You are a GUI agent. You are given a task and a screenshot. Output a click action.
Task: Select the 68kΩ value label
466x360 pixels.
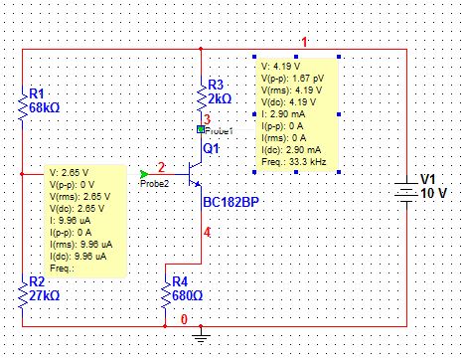[x=45, y=107]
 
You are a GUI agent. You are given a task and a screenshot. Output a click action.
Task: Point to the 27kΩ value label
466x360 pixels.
[x=45, y=295]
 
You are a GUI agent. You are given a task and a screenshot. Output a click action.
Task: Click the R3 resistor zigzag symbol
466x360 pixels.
[x=201, y=95]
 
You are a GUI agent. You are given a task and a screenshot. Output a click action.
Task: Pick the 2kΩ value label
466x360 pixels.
[x=220, y=98]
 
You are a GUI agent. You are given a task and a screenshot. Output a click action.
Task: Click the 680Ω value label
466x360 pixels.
[x=187, y=295]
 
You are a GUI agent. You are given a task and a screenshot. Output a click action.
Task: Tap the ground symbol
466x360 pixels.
[x=201, y=335]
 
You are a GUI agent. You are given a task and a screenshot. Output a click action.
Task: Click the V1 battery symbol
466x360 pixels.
[x=406, y=192]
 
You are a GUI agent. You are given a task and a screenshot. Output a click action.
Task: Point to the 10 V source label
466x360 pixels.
[x=434, y=193]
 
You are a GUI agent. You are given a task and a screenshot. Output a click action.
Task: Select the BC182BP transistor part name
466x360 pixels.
[x=231, y=202]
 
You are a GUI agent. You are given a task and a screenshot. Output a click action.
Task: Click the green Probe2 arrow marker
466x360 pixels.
[x=144, y=174]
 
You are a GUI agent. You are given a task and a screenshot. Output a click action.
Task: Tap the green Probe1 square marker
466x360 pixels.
[x=201, y=129]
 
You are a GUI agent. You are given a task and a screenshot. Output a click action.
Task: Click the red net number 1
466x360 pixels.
[x=304, y=42]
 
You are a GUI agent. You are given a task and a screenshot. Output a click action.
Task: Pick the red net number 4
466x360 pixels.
[x=207, y=232]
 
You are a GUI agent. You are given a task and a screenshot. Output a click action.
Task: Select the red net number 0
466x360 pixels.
[x=184, y=319]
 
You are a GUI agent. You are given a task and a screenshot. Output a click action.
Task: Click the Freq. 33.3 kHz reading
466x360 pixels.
[x=294, y=162]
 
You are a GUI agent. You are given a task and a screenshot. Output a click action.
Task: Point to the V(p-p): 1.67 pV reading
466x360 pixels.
[x=293, y=79]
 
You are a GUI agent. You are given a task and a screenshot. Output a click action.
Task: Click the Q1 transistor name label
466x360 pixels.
[x=211, y=148]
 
